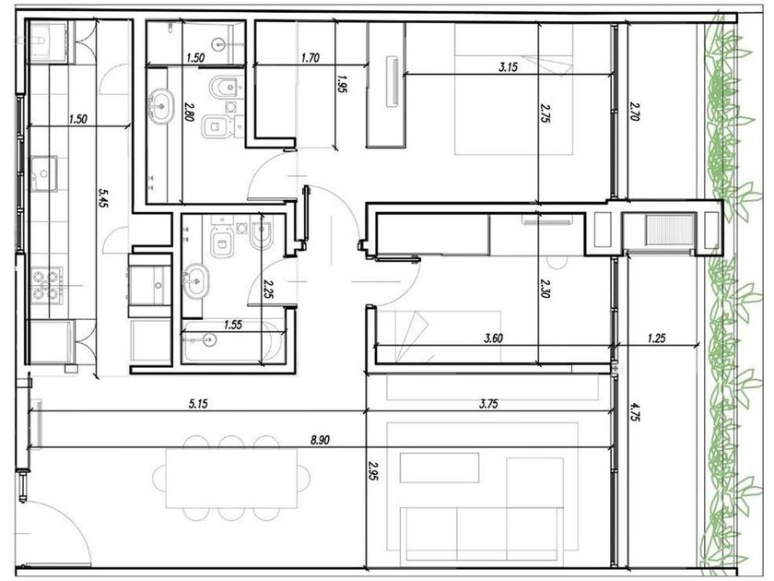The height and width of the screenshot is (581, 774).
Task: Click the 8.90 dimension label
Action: point(321,440)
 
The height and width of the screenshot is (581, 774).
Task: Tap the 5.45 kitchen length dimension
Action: point(103,197)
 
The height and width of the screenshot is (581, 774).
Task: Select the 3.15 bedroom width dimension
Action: point(508,66)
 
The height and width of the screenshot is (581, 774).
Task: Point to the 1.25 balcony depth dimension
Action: point(656,338)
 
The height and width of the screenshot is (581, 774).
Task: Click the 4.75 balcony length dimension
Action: point(634,411)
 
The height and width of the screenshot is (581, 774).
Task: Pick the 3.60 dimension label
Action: point(494,338)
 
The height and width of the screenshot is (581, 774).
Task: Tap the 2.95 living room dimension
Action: point(373,471)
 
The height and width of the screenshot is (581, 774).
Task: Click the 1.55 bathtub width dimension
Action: point(233,325)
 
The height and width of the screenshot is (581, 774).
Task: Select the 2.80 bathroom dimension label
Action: point(190,112)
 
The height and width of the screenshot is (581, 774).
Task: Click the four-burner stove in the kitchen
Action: point(46,286)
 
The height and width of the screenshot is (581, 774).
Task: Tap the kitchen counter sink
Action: point(44,173)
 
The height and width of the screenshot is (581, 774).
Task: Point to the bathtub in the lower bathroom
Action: point(232,340)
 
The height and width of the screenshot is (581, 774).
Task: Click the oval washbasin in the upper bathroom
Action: point(161,106)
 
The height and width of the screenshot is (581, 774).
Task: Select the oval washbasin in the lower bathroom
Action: point(195,281)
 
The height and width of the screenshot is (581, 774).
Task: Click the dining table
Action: point(231,479)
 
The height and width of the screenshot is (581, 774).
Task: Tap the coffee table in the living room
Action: point(440,468)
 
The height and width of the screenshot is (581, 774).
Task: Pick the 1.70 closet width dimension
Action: point(310,58)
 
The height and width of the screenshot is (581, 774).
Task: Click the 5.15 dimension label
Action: point(198,404)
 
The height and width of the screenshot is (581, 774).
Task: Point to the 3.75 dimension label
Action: point(488,404)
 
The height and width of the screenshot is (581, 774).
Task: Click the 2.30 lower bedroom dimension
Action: point(545,288)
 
